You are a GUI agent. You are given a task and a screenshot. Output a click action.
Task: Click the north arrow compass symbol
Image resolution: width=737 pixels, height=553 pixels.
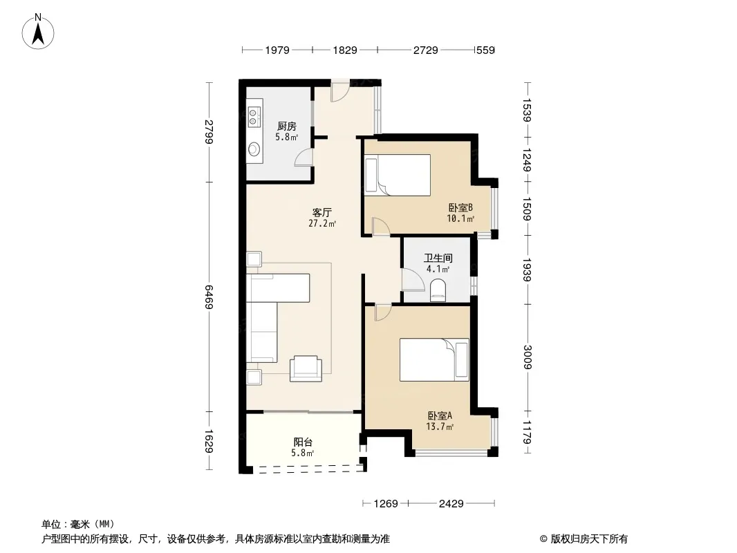coord(38,32)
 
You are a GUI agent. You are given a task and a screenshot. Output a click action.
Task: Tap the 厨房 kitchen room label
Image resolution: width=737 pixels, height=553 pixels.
coord(287,126)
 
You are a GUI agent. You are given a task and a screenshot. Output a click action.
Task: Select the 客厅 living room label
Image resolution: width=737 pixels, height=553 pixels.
coord(322,212)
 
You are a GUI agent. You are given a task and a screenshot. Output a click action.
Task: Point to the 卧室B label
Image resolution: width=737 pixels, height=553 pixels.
coord(460,207)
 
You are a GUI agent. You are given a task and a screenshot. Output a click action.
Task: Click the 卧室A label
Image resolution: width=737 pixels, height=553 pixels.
coord(440,416)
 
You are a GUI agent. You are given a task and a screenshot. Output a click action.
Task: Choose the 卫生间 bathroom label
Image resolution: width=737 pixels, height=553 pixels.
coord(438,258)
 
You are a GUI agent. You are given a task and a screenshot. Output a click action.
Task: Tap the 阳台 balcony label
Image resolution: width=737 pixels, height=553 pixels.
coord(304,442)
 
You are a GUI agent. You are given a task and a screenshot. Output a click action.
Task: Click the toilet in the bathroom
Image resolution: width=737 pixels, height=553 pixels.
coord(438,290)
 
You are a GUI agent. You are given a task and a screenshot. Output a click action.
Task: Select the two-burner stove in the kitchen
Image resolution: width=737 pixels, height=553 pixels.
coord(253,117)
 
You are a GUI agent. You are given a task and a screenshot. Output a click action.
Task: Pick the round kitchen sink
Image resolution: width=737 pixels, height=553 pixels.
coord(254,149)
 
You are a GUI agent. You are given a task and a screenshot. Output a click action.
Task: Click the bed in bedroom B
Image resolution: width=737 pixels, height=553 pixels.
coord(398,175)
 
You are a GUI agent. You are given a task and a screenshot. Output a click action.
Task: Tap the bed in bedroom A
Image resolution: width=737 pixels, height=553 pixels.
coord(434,360)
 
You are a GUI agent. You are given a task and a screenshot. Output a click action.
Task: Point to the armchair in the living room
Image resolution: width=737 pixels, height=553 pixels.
coord(306,369)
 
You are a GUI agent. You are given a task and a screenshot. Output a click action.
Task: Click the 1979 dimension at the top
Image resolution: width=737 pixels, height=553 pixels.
coord(277,50)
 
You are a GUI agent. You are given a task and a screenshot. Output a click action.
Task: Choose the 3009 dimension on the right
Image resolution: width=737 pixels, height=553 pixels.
coord(528,357)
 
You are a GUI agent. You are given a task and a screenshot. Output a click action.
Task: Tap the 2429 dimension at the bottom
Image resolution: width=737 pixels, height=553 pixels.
coord(451,504)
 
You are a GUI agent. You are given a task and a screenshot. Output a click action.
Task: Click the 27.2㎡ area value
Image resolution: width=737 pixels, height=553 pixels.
coord(322,224)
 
